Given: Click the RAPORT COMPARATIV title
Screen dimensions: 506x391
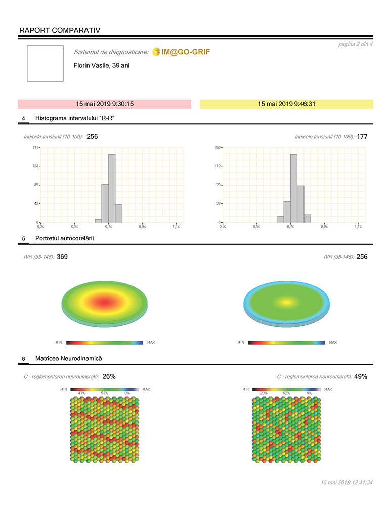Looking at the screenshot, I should pos(59,30).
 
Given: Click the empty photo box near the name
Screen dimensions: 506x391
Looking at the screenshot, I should pos(45,63).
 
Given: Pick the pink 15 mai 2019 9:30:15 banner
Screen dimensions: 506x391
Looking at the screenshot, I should pos(105,104).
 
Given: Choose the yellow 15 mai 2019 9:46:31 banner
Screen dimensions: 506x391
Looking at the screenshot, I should pos(286,104).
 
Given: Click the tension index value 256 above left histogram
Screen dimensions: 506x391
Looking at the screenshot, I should pos(92,137).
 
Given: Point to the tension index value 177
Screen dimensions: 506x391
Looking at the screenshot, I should pos(362,137).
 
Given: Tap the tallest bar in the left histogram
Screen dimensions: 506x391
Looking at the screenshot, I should pos(112,188).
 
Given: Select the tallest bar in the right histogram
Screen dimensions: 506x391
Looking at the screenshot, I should pos(293,188).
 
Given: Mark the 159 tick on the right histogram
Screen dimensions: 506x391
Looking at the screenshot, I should pos(216,147).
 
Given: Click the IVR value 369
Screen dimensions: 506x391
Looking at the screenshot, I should pos(62,257).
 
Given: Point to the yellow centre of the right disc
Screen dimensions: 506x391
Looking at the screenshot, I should pos(286,302).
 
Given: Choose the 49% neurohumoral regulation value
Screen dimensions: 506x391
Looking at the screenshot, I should pos(360,376).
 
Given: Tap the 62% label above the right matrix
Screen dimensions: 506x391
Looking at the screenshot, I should pos(286,393).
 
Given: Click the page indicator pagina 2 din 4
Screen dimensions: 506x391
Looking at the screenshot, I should pos(355,45).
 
